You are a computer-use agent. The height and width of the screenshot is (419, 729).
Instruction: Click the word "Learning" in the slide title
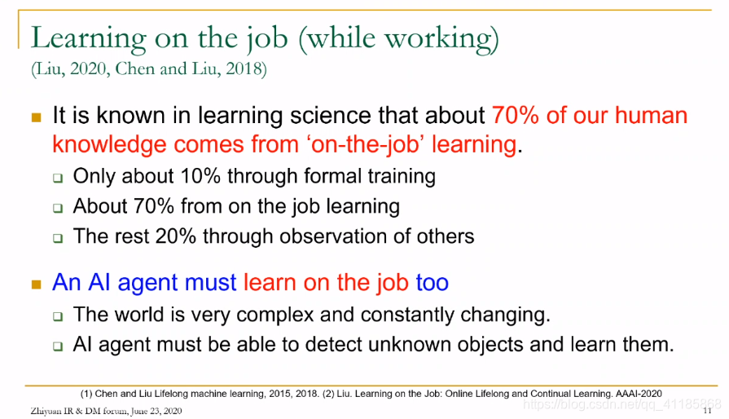pos(88,38)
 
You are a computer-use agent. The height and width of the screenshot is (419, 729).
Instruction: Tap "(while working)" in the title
pos(399,39)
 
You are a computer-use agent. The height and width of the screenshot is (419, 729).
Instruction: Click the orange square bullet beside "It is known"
pos(37,117)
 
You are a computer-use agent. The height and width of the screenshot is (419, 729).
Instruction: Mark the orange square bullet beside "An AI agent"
pos(37,284)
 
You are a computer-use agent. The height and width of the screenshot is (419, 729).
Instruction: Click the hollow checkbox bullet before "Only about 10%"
pos(58,178)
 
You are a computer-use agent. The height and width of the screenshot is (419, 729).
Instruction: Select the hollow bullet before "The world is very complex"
pos(58,316)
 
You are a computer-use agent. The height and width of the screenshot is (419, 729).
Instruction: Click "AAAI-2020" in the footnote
pos(639,394)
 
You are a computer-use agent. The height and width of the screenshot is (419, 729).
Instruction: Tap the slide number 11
pos(707,411)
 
